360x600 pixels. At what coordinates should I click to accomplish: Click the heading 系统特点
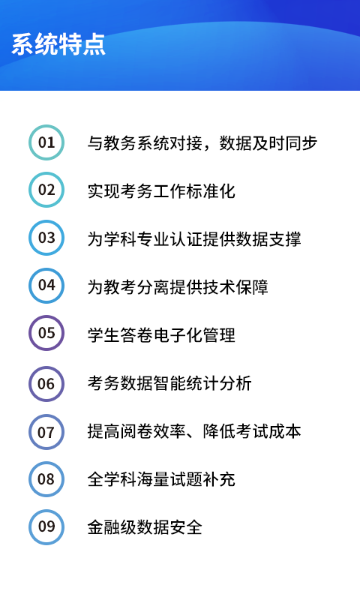click(58, 44)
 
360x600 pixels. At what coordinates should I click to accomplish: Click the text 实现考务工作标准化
click(161, 191)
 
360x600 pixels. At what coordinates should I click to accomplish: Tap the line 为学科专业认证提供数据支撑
click(194, 238)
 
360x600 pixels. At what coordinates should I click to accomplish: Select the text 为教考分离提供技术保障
click(178, 286)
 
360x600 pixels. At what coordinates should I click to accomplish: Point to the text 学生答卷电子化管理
click(161, 334)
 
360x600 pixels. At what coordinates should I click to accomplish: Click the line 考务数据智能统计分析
click(169, 383)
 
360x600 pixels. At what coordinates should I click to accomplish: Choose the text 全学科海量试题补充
click(161, 479)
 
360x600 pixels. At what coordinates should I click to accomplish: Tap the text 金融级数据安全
click(145, 527)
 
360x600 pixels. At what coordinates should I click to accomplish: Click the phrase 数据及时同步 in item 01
click(268, 143)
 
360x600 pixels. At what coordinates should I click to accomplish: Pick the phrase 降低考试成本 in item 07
click(252, 430)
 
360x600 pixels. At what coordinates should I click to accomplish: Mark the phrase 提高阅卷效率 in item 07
click(136, 430)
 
